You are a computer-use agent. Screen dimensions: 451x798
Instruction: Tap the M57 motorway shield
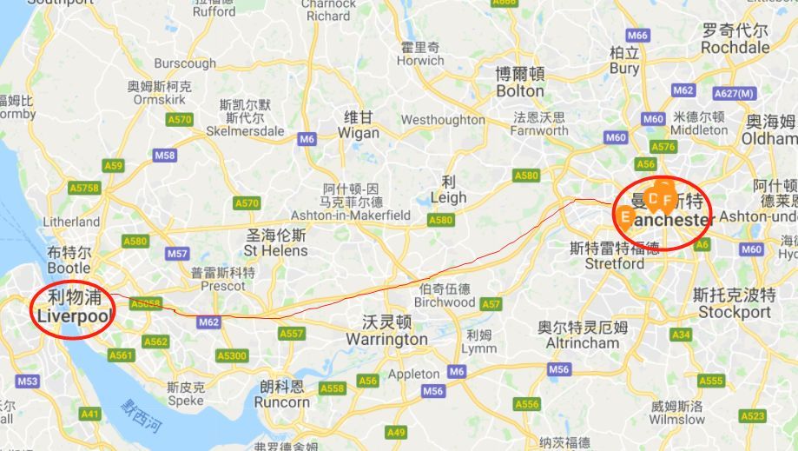coord(177,254)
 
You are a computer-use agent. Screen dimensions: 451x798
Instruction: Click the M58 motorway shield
coord(164,155)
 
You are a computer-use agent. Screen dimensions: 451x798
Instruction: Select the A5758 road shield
coord(84,188)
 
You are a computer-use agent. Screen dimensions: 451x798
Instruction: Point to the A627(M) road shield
coord(734,93)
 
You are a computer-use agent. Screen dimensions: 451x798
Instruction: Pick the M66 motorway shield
coord(637,36)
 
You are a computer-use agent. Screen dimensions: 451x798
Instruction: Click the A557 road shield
coord(292,334)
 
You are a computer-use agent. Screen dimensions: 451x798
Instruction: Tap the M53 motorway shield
coord(27,381)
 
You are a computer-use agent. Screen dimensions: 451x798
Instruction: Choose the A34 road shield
coord(681,335)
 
